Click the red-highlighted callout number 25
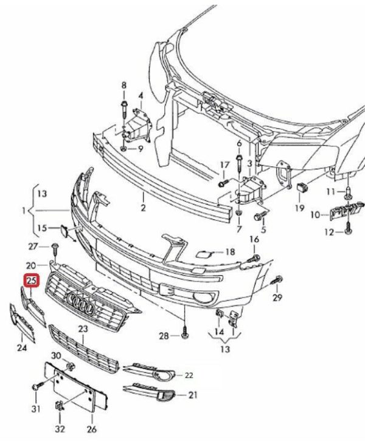click(x=32, y=280)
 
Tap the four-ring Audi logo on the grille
click(x=81, y=304)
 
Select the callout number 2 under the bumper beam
click(x=143, y=208)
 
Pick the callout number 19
click(x=300, y=208)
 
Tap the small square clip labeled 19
click(x=301, y=186)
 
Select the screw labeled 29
click(x=277, y=280)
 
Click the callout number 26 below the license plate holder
click(x=91, y=429)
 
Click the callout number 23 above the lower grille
click(x=83, y=328)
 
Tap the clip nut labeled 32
click(x=60, y=406)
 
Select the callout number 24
click(x=22, y=347)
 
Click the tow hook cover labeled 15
click(x=64, y=231)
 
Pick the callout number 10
click(x=316, y=215)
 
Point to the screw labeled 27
click(x=55, y=250)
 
